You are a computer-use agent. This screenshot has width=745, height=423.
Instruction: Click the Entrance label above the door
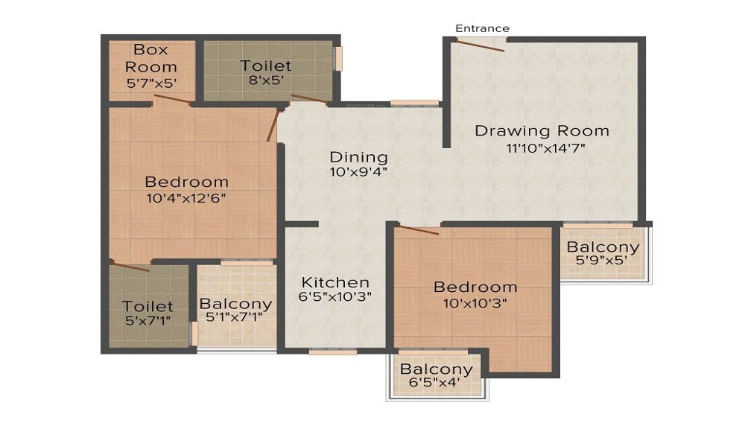[483, 28]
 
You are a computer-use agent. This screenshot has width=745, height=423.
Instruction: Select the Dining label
[359, 157]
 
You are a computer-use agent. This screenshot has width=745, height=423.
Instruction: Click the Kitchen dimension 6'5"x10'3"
[335, 296]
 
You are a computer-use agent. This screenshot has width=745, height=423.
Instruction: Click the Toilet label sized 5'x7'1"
[148, 306]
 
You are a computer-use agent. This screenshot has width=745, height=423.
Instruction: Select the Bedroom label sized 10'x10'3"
[475, 287]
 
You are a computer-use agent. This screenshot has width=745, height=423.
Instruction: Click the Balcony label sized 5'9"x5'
[603, 247]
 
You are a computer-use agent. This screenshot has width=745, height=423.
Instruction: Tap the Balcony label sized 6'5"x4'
[436, 369]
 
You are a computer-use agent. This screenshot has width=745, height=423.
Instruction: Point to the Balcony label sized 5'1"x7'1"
[235, 304]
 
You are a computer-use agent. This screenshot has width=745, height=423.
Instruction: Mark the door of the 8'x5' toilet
[309, 98]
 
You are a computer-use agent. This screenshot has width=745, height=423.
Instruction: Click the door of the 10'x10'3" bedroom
[419, 229]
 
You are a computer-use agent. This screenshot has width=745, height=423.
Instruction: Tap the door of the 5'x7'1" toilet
[130, 266]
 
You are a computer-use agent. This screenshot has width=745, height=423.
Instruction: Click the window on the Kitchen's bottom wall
[323, 352]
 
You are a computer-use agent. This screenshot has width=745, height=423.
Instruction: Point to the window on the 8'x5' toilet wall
[337, 59]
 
